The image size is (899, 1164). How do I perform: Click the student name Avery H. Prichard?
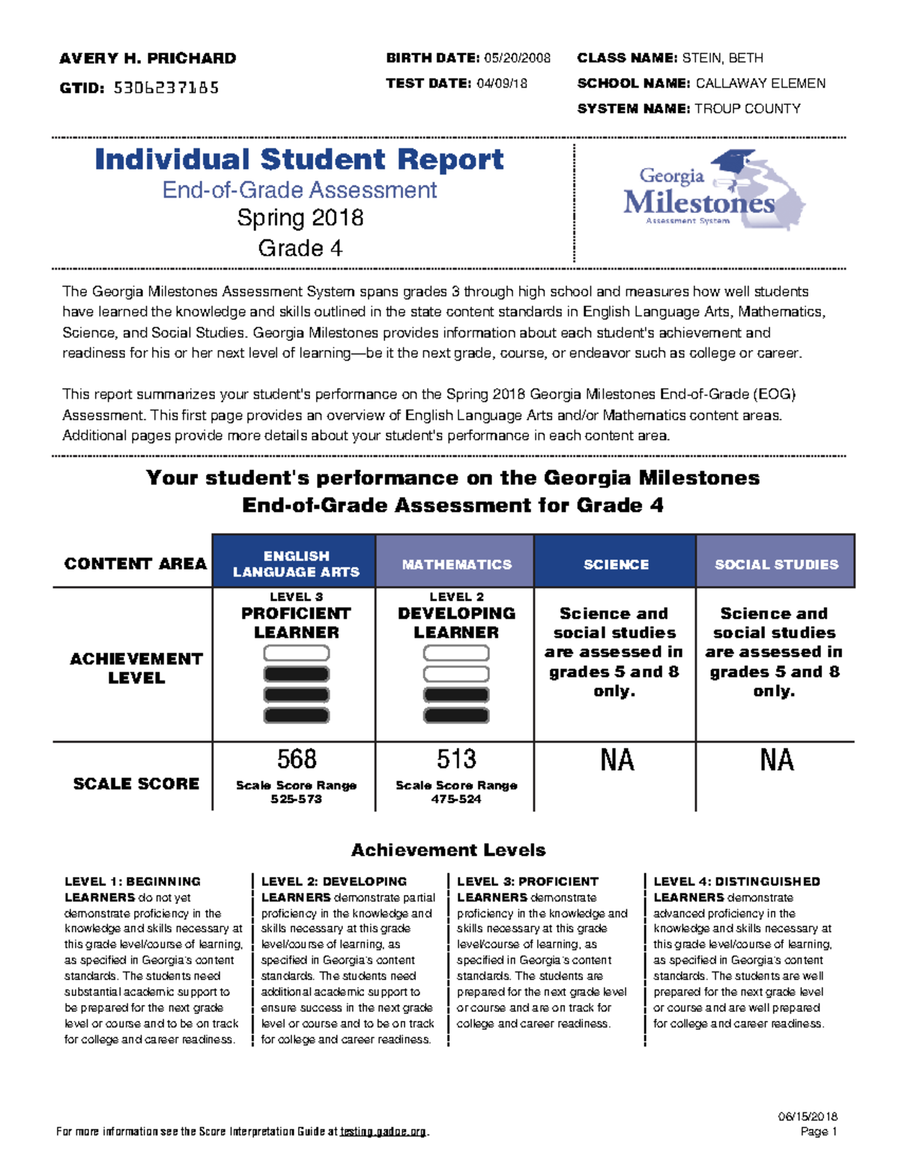tap(148, 58)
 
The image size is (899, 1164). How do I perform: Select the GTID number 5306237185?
tap(166, 88)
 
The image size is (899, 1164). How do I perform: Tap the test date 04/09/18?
tap(501, 84)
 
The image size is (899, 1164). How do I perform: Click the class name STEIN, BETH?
tap(723, 58)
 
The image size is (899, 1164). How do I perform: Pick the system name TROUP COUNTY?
tap(747, 109)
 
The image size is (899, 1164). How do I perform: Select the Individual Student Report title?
tap(299, 160)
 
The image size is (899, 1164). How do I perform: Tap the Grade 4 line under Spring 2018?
tap(300, 248)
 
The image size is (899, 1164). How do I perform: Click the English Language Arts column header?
tap(295, 564)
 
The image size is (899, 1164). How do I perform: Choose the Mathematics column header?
tap(456, 564)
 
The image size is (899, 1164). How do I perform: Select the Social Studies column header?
tap(776, 564)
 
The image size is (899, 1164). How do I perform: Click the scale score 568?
tap(296, 759)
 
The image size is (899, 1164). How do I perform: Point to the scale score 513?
tap(456, 759)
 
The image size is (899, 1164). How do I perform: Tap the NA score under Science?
tap(617, 760)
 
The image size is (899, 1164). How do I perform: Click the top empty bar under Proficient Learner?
tap(296, 654)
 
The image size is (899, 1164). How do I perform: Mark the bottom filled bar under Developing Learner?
tap(456, 716)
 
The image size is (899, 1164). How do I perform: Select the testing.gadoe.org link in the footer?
tap(383, 1132)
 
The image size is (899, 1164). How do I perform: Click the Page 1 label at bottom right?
tap(819, 1132)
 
